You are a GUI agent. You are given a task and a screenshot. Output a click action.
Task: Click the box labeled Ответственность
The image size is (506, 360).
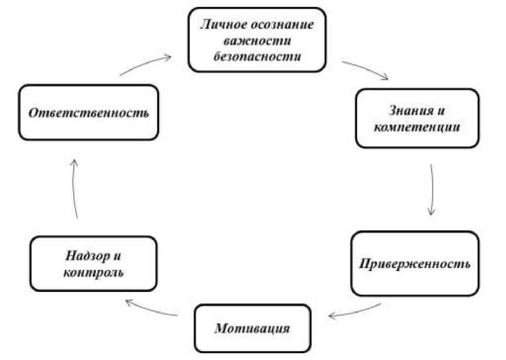pyautogui.click(x=88, y=113)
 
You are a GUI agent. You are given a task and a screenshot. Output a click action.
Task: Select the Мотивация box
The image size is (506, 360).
pyautogui.click(x=252, y=328)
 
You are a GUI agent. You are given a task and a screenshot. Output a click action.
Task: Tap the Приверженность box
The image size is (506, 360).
pyautogui.click(x=415, y=263)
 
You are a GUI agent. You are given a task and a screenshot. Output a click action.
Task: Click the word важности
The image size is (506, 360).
pyautogui.click(x=257, y=40)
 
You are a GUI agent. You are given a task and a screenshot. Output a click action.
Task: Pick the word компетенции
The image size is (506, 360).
pyautogui.click(x=417, y=127)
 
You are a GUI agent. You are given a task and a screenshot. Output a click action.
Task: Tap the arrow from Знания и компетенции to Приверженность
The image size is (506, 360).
pyautogui.click(x=432, y=189)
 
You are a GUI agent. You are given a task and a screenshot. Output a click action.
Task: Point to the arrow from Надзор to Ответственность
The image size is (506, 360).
pyautogui.click(x=73, y=189)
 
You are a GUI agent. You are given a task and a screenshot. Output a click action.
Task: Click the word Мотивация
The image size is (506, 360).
pyautogui.click(x=252, y=328)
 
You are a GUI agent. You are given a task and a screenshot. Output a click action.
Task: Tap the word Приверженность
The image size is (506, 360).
pyautogui.click(x=415, y=264)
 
